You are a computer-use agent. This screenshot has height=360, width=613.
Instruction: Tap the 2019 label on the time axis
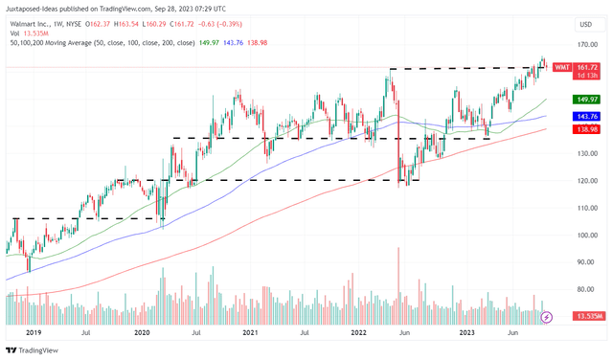point(34,332)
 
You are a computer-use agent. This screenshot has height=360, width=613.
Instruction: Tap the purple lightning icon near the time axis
point(547,317)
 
